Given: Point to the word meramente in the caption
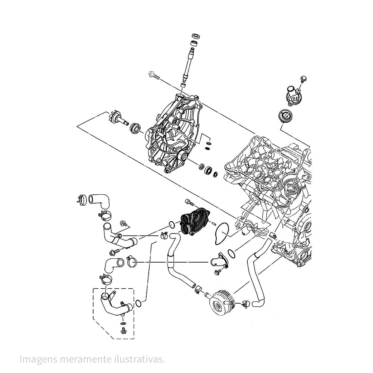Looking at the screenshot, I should coord(82,359).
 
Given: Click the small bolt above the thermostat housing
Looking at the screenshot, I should coord(303,79).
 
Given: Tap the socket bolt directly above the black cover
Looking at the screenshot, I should coord(190,203).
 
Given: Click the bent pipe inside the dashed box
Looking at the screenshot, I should coord(114,304).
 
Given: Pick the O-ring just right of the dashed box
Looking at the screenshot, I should coord(138,303).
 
